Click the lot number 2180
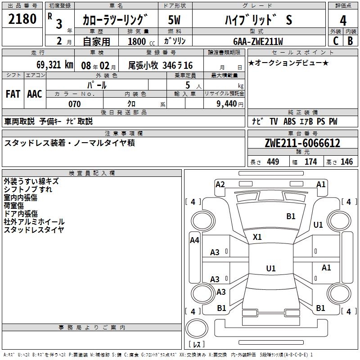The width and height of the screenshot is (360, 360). point(22,19)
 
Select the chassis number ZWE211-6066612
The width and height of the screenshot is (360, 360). point(302,144)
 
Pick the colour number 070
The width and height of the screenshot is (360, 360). point(74,104)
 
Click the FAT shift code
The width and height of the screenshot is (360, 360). point(13,94)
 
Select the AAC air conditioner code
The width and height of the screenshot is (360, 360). point(34,94)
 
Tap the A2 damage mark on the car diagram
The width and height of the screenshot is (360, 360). point(220,184)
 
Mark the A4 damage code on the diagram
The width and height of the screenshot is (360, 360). point(194,240)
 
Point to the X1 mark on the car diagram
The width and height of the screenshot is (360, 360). point(257,237)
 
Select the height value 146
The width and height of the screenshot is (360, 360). point(346,162)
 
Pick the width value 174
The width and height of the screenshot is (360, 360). point(310,162)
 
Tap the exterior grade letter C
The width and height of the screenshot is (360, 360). point(335,40)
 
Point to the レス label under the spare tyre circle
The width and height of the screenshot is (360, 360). point(196,345)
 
